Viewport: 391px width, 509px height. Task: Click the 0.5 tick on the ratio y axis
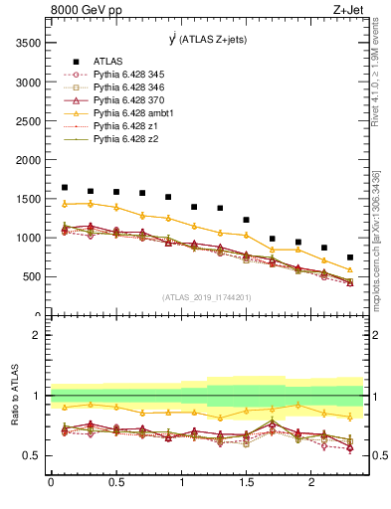pyautogui.click(x=33, y=455)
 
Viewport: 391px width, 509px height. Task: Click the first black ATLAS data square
pyautogui.click(x=65, y=187)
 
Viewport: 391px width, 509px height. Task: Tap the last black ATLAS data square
pyautogui.click(x=349, y=256)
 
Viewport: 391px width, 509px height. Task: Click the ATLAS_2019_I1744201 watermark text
pyautogui.click(x=207, y=297)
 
